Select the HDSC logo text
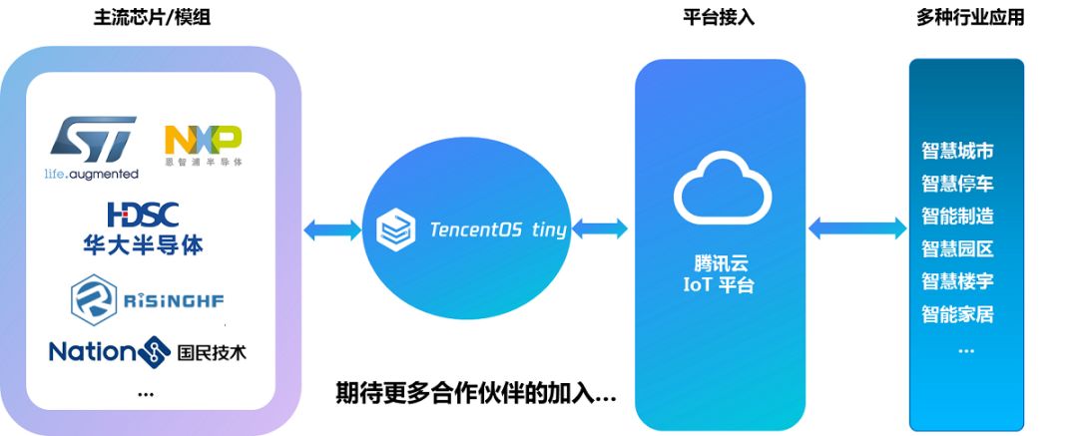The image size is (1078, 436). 144,214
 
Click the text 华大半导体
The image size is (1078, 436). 144,242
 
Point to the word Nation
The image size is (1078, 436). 91,352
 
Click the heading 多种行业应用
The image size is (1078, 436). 969,17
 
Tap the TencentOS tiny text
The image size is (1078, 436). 497,229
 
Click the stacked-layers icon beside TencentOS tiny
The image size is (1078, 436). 395,230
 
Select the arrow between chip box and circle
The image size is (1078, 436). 332,230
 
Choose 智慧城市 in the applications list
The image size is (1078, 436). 957,152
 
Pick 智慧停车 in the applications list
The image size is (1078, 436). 957,184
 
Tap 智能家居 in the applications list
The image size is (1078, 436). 957,315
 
